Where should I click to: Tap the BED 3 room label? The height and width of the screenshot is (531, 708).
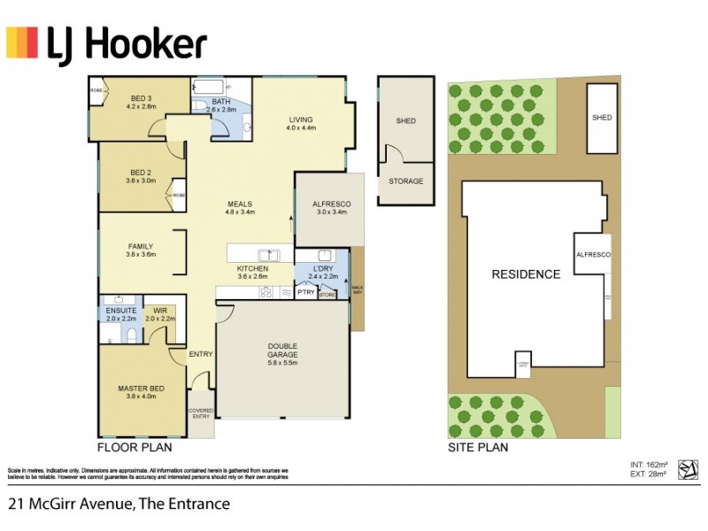click(142, 97)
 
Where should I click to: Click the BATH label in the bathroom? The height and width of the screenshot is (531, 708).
click(221, 102)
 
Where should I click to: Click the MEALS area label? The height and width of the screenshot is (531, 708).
click(240, 204)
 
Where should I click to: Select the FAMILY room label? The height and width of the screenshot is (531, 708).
click(141, 247)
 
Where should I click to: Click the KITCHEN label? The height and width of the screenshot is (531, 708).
click(251, 268)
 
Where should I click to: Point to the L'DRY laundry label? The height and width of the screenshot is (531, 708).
click(321, 268)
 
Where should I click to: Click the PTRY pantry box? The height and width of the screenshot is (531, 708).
click(305, 292)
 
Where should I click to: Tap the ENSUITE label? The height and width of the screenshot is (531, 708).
click(121, 311)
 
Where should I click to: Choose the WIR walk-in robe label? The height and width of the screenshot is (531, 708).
click(160, 311)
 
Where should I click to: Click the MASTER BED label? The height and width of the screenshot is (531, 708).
click(141, 389)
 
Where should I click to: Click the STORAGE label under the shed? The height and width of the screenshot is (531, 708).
click(405, 181)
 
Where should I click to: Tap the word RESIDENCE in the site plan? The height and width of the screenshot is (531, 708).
click(526, 273)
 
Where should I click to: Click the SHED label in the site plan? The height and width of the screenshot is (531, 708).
click(602, 117)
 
